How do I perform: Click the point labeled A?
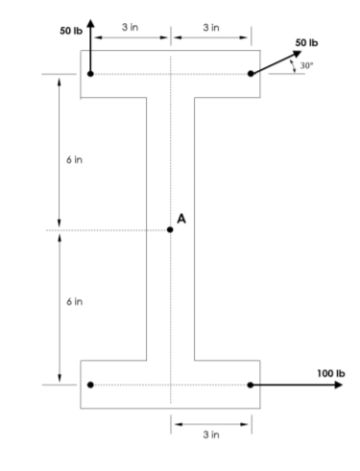170,229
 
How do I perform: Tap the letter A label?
181,219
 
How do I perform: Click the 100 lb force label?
331,373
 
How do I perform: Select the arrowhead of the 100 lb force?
339,385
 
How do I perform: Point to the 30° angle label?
306,65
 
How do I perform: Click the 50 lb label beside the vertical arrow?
71,31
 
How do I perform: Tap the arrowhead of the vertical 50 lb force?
90,23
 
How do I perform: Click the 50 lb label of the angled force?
306,42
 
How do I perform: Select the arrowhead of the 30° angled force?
297,54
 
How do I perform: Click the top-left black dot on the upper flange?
90,74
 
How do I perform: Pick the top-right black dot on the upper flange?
251,74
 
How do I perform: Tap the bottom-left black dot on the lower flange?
90,385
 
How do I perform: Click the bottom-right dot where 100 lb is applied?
251,385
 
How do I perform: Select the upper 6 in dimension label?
74,159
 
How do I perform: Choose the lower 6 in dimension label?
75,301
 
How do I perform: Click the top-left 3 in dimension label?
130,27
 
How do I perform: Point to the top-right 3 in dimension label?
211,28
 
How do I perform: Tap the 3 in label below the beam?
211,435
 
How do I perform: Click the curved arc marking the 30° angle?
293,66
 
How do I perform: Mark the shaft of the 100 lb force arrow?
293,385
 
